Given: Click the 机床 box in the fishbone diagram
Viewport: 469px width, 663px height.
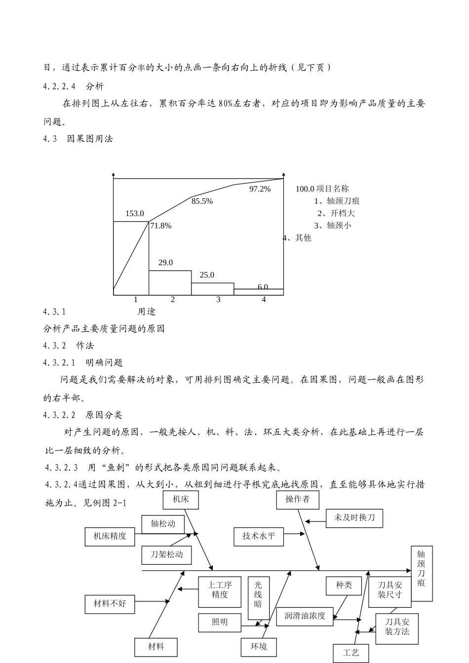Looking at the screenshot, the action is pos(180,499).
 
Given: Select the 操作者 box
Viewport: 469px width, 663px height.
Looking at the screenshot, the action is pos(297,499).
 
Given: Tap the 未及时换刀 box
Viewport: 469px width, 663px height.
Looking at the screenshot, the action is pos(354,517).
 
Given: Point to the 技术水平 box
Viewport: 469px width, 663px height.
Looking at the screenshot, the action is pos(259,536).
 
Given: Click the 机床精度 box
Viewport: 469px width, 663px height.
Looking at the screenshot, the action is pos(110,536).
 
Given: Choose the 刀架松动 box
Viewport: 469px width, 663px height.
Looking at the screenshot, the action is pos(167,554).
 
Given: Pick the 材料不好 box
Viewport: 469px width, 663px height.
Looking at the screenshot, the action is pos(110,604).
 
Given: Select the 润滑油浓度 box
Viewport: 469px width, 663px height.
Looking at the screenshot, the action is pos(305,616).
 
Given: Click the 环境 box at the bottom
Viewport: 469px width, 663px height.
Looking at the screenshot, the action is pos(259,646).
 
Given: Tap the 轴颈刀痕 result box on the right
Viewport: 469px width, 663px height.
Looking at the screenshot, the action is pos(421,573).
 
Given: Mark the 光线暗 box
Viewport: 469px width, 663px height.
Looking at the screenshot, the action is pos(258,595).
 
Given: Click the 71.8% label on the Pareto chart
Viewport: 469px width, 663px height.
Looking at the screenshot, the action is pos(161,226).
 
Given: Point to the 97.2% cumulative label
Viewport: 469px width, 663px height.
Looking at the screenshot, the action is pos(260,189).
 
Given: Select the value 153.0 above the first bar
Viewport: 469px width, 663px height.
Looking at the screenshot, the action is pos(134,214).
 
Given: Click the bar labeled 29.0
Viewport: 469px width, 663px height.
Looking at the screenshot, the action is pos(170,283).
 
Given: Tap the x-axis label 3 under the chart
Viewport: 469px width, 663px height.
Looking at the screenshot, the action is pos(218,299).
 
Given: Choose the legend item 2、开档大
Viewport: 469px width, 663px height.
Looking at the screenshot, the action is pos(336,213).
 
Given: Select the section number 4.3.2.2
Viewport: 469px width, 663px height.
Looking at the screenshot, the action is pos(59,415).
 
